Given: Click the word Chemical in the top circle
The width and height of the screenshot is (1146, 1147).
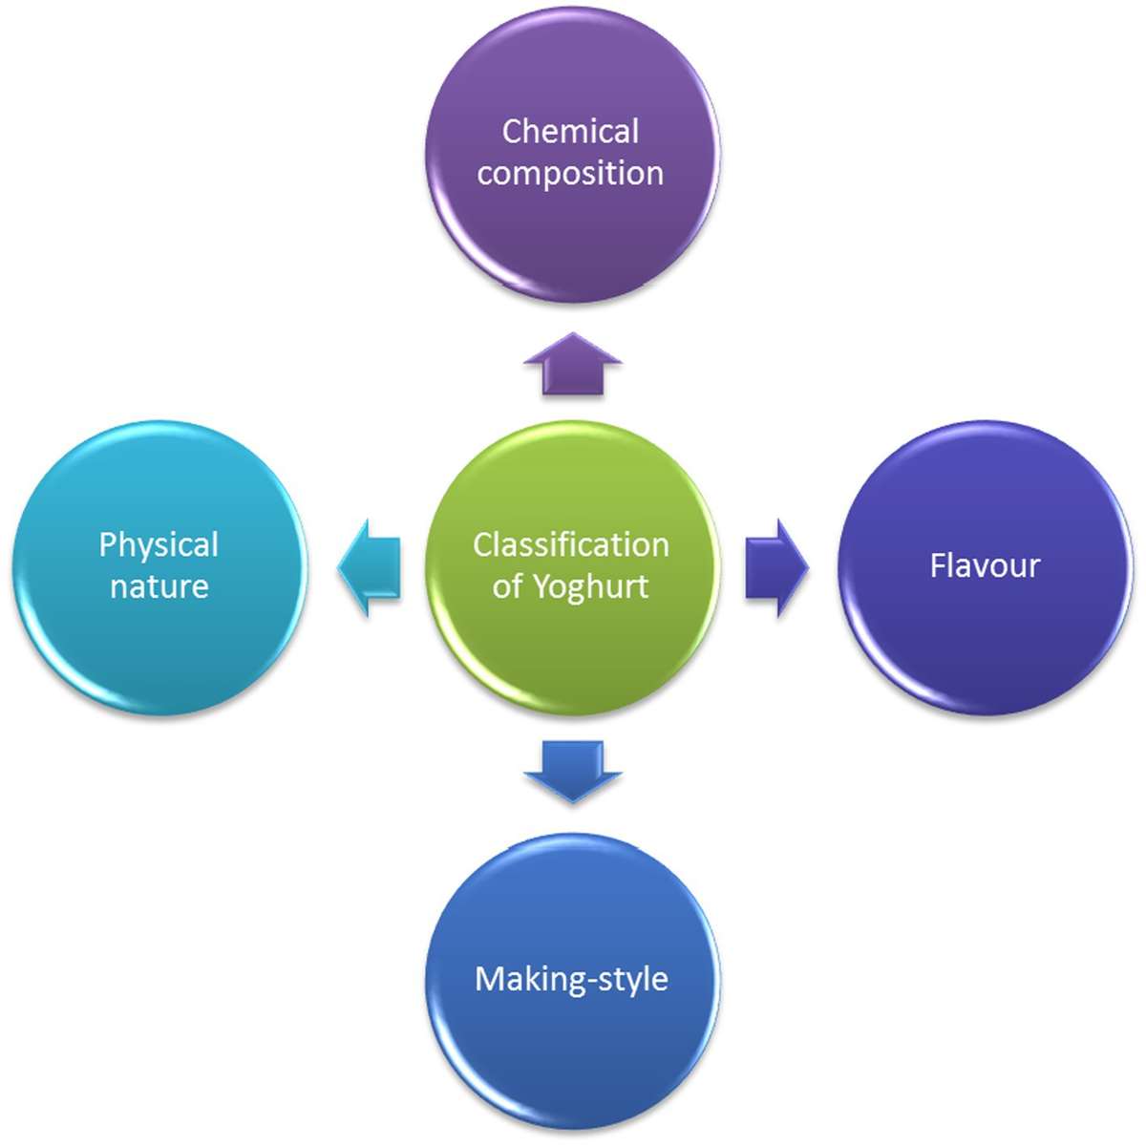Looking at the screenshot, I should coord(570,131).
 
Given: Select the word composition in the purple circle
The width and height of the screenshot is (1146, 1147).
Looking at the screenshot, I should coord(570,174).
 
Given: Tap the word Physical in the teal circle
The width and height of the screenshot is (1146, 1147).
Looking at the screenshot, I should coord(159,545).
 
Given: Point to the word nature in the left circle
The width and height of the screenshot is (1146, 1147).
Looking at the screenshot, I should coord(159,586).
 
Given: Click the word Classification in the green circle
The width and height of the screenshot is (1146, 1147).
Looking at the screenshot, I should coord(570,544).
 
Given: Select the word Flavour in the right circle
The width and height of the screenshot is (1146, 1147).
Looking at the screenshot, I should coord(985,565).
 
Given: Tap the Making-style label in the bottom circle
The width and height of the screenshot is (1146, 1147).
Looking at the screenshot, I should coord(571,979).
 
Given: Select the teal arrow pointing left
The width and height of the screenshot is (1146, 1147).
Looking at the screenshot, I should coord(369,568).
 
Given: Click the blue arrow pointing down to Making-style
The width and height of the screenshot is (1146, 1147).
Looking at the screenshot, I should coord(573,770).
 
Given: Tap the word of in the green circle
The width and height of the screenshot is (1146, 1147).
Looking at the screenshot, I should coord(506,586).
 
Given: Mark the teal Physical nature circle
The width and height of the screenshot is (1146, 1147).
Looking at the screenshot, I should coord(159,649).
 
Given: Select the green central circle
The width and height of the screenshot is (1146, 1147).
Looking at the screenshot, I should coord(572,649).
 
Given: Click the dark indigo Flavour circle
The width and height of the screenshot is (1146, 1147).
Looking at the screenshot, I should coord(985,649).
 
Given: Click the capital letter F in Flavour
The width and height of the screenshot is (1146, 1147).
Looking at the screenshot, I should coord(938,565).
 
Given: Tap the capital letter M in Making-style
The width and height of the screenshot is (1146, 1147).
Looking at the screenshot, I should coord(489,979).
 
